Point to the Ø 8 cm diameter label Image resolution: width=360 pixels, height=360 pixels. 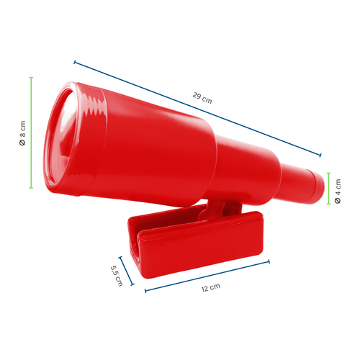coord(23,133)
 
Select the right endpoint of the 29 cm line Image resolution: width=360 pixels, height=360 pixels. coord(320,154)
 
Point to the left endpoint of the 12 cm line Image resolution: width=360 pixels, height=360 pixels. coord(145,292)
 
